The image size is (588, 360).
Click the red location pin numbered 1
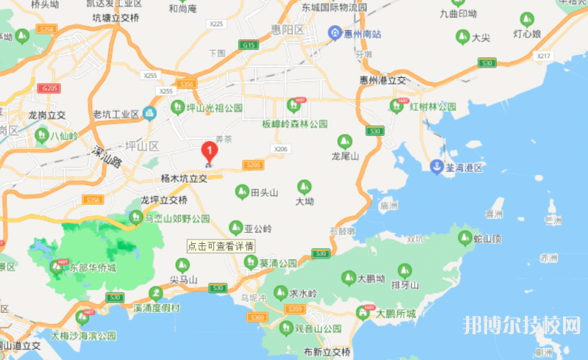pos(209,153)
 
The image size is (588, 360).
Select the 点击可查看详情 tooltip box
pos(220,247)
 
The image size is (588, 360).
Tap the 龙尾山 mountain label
pos(344,156)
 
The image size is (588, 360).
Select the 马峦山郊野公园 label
pos(176,218)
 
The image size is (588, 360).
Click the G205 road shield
pos(50,88)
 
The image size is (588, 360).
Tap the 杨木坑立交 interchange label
pos(184,179)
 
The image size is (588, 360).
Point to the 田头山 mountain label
pos(265,192)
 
